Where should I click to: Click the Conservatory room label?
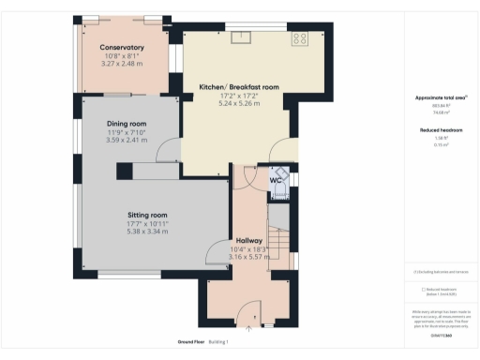point(122,47)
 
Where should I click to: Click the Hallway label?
point(248,239)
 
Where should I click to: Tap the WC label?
point(277,180)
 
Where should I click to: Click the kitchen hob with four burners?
point(302,38)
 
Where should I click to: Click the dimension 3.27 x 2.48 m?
point(123,65)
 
